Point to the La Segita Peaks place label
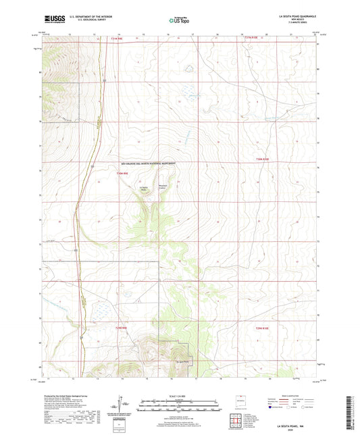(x=143, y=190)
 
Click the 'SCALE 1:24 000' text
(x=179, y=397)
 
